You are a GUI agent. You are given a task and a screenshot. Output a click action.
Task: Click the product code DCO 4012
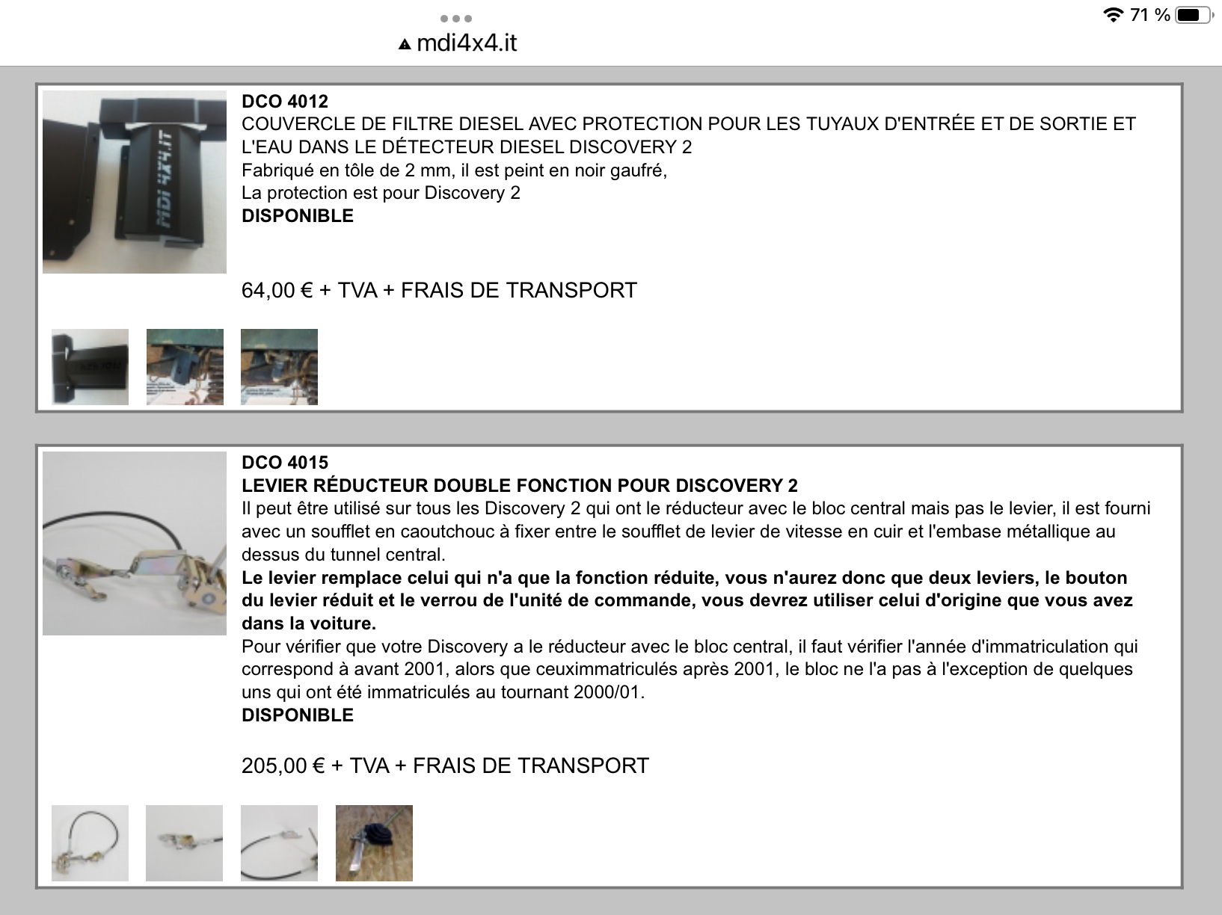[285, 102]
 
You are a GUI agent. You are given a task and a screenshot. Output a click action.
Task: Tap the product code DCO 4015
[285, 463]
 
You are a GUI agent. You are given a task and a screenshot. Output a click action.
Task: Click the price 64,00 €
[277, 290]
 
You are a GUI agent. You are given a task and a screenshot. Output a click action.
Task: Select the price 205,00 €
[283, 765]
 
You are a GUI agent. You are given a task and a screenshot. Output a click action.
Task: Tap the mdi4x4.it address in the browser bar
[466, 43]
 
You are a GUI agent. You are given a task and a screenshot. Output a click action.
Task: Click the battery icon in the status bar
[1191, 15]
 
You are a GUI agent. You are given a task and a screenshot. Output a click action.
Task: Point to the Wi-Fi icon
[1114, 15]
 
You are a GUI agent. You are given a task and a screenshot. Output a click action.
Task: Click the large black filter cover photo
[135, 182]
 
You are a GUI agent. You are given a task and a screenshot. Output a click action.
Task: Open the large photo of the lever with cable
[135, 543]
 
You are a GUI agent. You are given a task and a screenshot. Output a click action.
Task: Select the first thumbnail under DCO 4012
[90, 367]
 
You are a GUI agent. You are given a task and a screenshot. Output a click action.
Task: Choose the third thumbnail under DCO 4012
[279, 367]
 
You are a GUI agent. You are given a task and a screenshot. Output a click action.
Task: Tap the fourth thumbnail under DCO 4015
[374, 843]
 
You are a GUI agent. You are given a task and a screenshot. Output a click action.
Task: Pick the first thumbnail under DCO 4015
[90, 843]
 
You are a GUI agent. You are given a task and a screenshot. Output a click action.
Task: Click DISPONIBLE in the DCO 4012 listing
[298, 216]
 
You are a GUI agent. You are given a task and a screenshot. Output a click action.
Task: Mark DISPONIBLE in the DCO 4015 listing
[298, 715]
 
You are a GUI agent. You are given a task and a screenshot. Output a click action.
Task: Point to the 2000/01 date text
[607, 692]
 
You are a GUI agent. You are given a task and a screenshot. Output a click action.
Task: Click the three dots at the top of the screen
[455, 18]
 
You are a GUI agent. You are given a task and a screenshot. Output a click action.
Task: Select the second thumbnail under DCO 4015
[184, 843]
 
